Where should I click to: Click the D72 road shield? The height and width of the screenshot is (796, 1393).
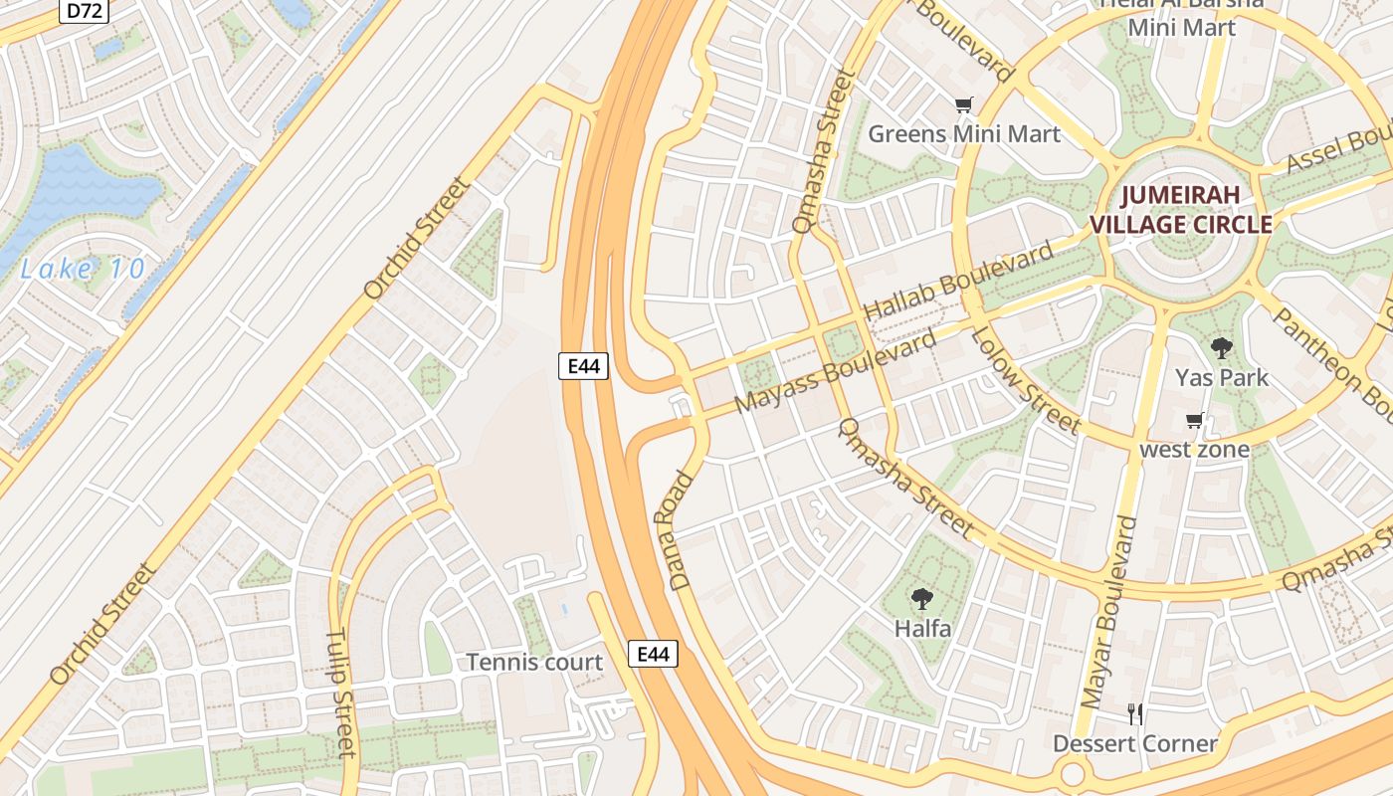pyautogui.click(x=84, y=11)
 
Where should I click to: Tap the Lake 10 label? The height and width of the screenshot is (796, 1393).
pyautogui.click(x=84, y=269)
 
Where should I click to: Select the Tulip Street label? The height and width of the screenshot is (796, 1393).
pyautogui.click(x=340, y=692)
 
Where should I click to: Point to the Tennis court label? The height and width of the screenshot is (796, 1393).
pyautogui.click(x=534, y=662)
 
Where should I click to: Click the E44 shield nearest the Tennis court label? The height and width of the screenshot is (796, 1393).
pyautogui.click(x=653, y=654)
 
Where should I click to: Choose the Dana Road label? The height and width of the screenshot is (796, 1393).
pyautogui.click(x=675, y=530)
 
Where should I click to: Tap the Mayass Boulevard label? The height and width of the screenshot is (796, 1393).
pyautogui.click(x=835, y=372)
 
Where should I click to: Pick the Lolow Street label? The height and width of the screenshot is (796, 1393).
pyautogui.click(x=1025, y=381)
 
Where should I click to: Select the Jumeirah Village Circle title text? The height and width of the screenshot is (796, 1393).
pyautogui.click(x=1181, y=209)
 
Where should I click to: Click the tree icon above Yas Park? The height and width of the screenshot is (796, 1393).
pyautogui.click(x=1221, y=348)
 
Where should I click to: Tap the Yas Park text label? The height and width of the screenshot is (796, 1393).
pyautogui.click(x=1222, y=378)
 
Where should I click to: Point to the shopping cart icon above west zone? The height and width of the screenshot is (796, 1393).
pyautogui.click(x=1194, y=420)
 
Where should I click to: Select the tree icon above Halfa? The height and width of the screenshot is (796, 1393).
pyautogui.click(x=922, y=598)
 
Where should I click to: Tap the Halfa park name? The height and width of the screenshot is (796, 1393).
pyautogui.click(x=922, y=629)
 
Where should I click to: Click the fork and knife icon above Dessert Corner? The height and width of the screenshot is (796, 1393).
pyautogui.click(x=1135, y=713)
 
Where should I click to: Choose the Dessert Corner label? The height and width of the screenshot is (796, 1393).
pyautogui.click(x=1135, y=744)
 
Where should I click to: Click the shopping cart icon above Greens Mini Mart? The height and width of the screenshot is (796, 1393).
pyautogui.click(x=963, y=104)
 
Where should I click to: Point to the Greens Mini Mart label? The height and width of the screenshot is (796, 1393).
pyautogui.click(x=964, y=133)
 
